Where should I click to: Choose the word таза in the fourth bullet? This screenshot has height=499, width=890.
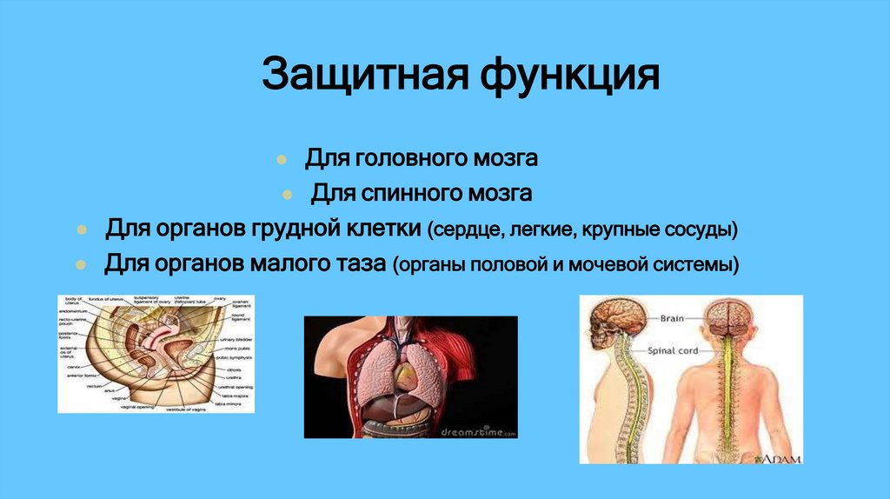coord(355,263)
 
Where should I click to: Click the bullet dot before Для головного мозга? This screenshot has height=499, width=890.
coord(282,160)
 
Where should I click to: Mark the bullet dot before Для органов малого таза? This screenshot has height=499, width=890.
coord(81,264)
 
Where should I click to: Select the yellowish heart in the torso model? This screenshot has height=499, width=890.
coord(408,376)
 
